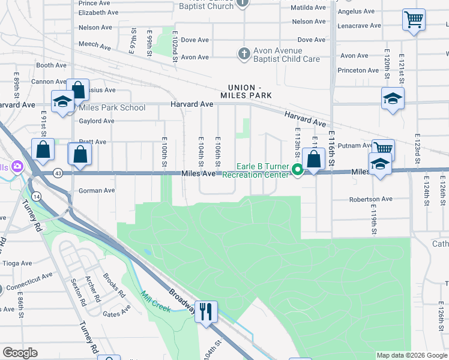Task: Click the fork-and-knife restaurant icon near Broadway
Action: (x=205, y=311)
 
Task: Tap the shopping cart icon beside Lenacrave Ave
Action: (x=414, y=20)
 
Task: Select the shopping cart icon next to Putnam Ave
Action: (x=382, y=149)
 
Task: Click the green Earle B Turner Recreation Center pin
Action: (x=297, y=171)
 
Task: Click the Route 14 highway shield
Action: (x=37, y=196)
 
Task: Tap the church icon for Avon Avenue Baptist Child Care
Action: (x=243, y=54)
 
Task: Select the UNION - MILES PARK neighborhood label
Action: (x=246, y=91)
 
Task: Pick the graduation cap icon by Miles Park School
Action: (x=62, y=102)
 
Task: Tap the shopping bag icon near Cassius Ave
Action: (x=78, y=91)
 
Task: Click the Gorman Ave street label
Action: (x=97, y=191)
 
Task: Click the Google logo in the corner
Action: (x=20, y=353)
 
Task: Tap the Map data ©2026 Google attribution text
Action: (x=411, y=355)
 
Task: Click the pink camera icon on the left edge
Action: (x=17, y=166)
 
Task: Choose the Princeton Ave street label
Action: (x=358, y=70)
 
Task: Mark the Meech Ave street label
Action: (x=95, y=46)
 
